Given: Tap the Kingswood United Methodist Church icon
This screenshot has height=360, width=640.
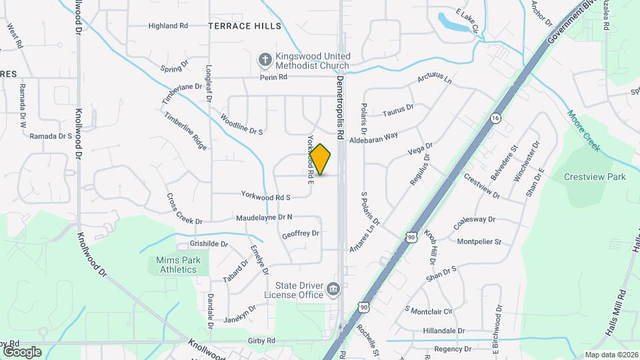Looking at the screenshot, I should pos(265,60).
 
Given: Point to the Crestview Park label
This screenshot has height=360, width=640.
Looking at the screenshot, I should pos(595,177).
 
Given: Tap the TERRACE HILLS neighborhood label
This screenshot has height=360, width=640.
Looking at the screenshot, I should pos(245,26).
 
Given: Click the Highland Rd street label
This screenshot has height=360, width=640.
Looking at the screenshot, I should pos(168,26).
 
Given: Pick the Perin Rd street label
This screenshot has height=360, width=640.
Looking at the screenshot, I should pos(273,77).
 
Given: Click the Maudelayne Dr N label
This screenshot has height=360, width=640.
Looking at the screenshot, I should pos(264,218).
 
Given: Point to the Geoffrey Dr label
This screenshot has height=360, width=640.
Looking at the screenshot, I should pos(301,234).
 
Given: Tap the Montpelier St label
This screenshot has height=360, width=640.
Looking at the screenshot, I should pos(479,242).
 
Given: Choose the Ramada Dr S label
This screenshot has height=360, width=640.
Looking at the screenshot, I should pos(51,136).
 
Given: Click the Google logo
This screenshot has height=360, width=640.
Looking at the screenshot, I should pos(21,352).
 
